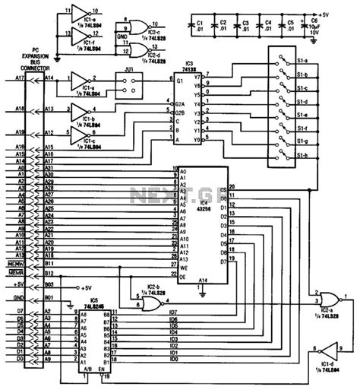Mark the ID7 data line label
point(173,312)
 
